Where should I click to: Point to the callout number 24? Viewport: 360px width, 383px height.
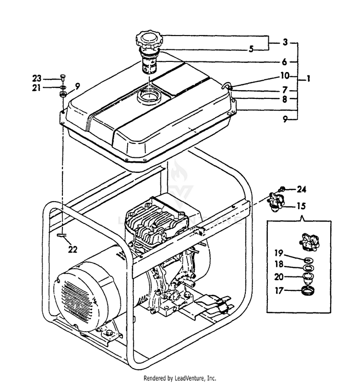pos(301,188)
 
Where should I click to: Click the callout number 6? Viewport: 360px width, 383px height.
pos(284,62)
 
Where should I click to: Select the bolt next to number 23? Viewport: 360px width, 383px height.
pos(62,78)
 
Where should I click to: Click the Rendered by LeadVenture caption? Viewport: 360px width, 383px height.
pos(180,378)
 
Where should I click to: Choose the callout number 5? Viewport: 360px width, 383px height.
pos(250,49)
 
